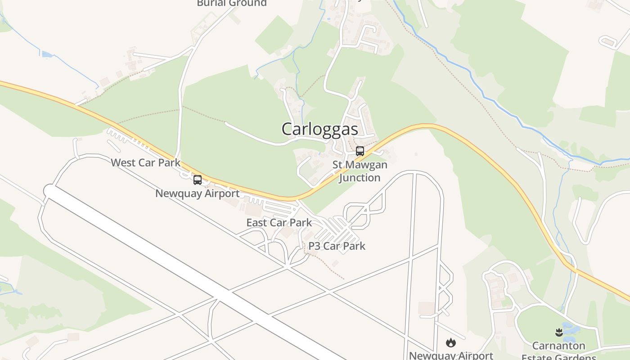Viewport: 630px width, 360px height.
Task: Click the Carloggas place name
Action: click(319, 129)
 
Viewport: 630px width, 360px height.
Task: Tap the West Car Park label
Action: click(145, 162)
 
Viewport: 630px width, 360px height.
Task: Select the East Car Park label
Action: click(279, 222)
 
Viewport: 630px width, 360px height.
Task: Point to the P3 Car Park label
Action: click(337, 246)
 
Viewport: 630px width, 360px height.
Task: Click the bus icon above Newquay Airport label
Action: click(198, 180)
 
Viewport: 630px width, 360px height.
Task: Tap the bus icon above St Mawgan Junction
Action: click(360, 151)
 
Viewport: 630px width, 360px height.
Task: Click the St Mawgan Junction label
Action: click(360, 171)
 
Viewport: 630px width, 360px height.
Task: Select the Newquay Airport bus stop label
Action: click(197, 193)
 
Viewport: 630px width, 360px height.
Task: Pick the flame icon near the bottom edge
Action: click(450, 343)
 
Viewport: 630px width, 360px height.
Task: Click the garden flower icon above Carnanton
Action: click(559, 333)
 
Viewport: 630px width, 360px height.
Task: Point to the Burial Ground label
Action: click(232, 3)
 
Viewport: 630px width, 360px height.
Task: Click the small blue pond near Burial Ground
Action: click(47, 54)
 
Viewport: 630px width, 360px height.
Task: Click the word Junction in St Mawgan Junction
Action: click(360, 177)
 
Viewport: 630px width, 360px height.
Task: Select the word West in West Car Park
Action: click(122, 162)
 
